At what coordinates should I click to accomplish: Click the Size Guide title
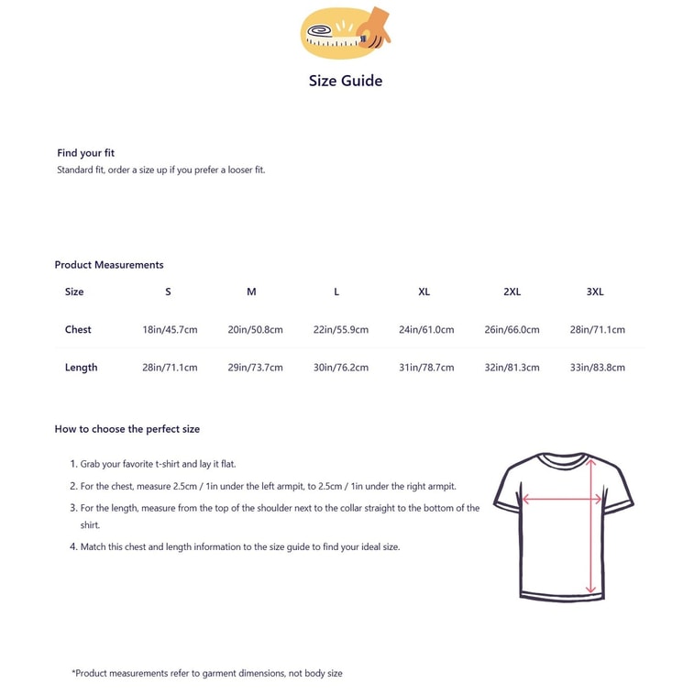[346, 81]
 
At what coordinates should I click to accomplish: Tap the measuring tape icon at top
[345, 32]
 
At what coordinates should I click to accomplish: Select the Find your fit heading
[86, 153]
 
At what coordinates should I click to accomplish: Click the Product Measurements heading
[109, 265]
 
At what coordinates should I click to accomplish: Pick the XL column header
[424, 292]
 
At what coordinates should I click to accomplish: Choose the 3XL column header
[595, 292]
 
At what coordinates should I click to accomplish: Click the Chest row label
[78, 329]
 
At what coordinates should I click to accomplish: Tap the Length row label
[81, 368]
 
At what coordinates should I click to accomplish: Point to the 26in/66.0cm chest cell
[512, 329]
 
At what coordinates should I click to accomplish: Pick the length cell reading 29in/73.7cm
[255, 368]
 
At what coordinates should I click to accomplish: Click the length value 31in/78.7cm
[426, 368]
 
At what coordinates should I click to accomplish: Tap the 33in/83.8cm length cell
[597, 368]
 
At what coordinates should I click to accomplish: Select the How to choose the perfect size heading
[127, 429]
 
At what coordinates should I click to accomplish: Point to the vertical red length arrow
[591, 541]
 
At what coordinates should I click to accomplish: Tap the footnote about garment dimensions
[206, 673]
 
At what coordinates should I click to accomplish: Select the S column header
[168, 292]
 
